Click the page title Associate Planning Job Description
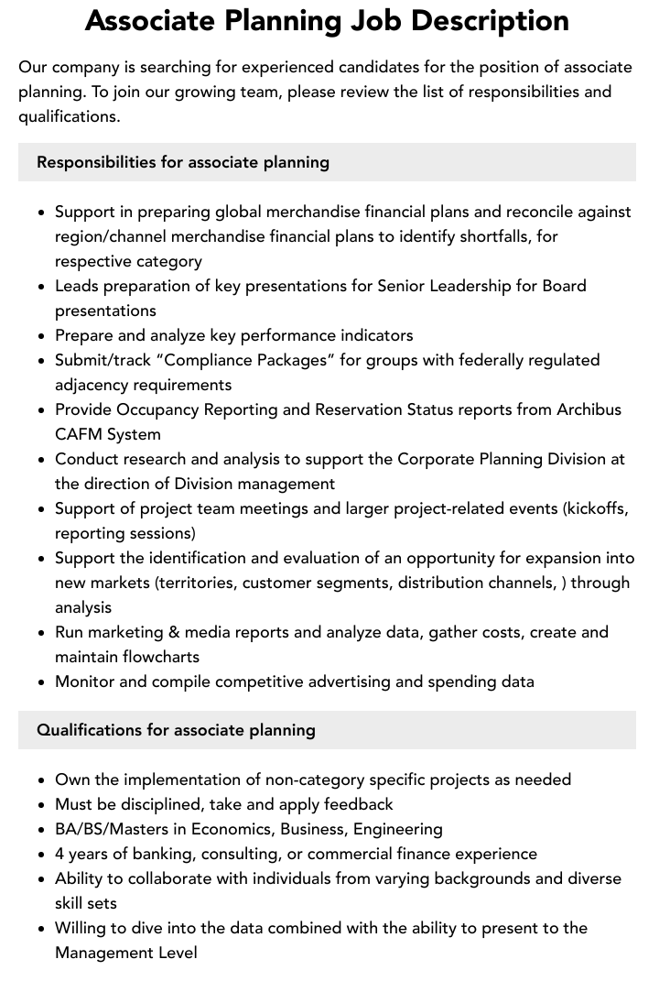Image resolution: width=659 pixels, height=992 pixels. [x=327, y=20]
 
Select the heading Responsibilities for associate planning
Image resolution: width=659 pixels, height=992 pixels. [x=183, y=162]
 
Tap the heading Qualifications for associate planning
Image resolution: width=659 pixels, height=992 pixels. [x=176, y=730]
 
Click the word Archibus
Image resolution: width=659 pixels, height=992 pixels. [x=589, y=409]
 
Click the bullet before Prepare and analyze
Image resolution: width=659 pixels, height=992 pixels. [x=41, y=335]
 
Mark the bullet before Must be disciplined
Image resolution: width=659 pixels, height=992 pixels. [x=41, y=804]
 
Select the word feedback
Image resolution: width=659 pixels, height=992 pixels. [x=357, y=804]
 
